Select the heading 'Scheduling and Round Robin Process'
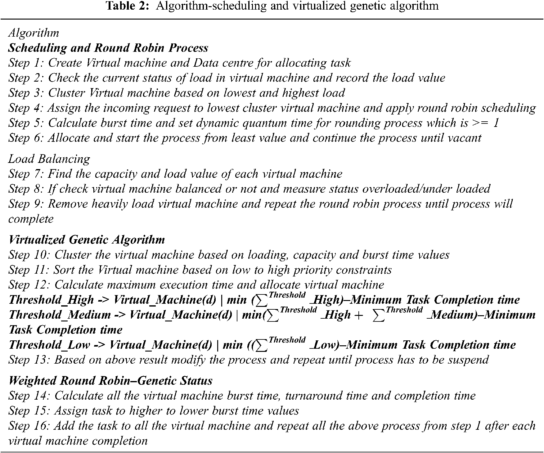[x=108, y=48]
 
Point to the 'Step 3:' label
[x=27, y=93]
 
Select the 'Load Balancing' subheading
[x=49, y=159]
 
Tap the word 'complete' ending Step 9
[x=31, y=219]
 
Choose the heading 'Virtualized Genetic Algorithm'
[x=87, y=240]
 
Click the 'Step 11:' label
[x=30, y=270]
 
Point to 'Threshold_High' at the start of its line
[x=51, y=300]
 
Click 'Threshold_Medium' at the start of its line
[x=60, y=315]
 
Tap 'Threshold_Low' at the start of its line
[x=49, y=345]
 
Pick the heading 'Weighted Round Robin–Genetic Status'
[x=110, y=381]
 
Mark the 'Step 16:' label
[x=30, y=426]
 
